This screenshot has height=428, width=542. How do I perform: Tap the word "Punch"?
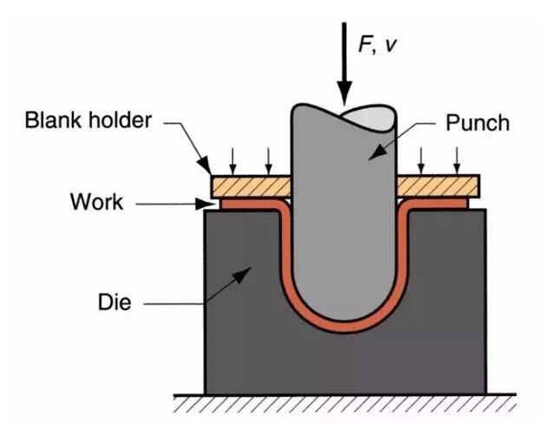pos(477,122)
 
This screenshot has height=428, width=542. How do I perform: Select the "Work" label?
pos(96,204)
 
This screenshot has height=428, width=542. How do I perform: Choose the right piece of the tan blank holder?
pos(438,185)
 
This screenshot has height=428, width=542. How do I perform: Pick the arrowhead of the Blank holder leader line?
pos(208,169)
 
